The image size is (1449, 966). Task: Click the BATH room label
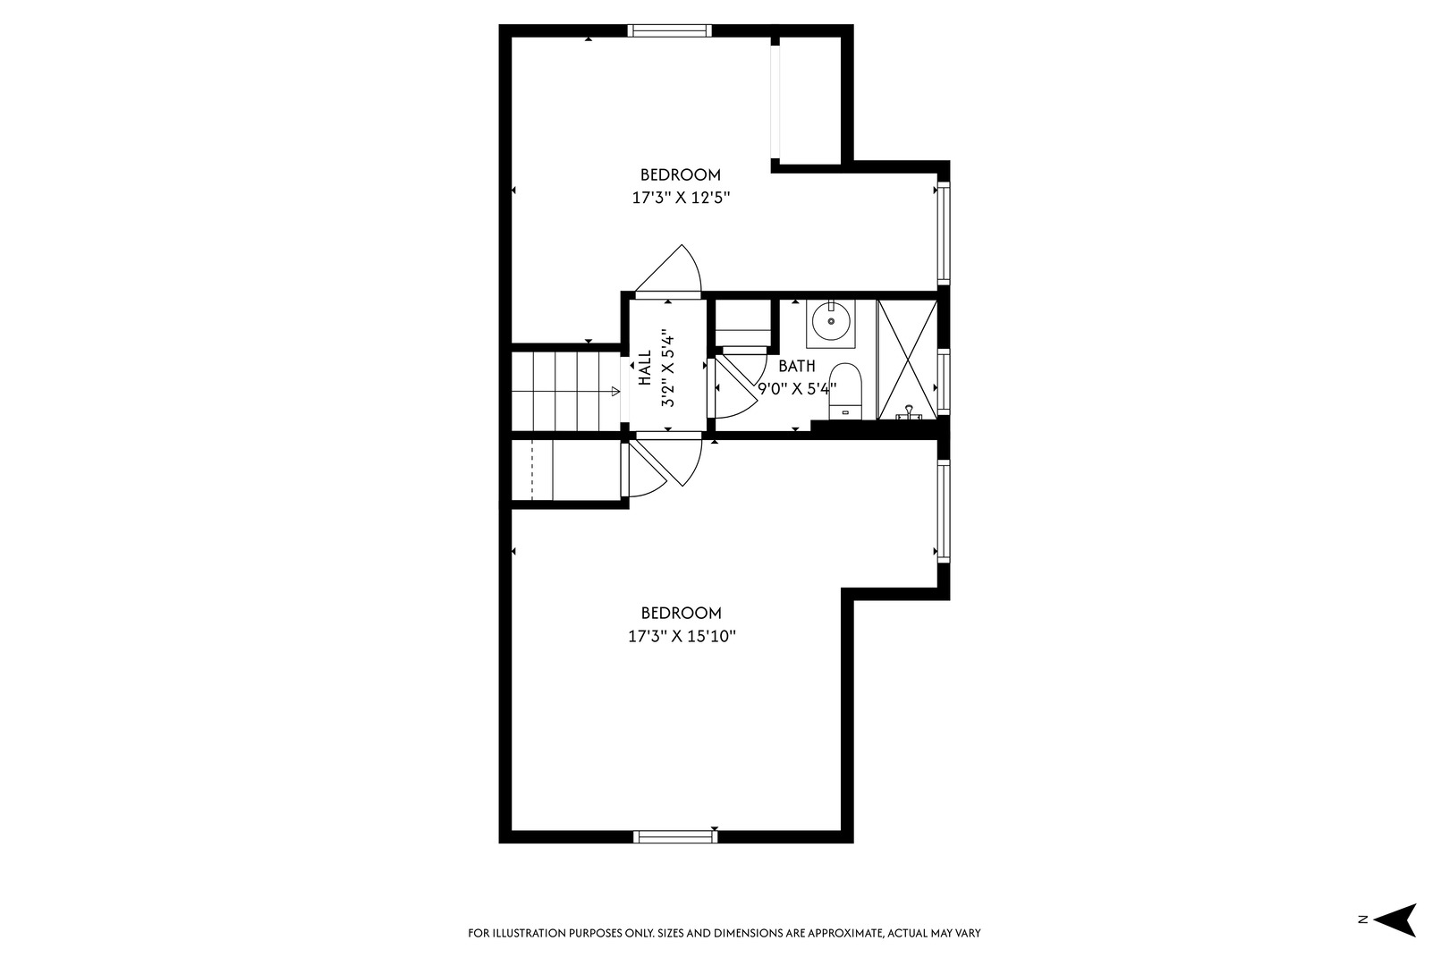797,366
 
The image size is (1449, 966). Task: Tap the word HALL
645,369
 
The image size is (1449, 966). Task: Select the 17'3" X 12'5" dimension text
681,198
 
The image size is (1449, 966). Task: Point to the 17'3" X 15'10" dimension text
682,637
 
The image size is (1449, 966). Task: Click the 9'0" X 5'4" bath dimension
797,389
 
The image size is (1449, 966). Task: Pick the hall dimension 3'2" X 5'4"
668,369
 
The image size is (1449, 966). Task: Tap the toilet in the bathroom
845,392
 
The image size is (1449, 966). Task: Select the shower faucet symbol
910,413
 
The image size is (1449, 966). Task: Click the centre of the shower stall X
907,360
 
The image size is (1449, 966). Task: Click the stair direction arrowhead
615,392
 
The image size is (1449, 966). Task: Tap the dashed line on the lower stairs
531,470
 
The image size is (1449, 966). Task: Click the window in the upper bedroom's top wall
670,30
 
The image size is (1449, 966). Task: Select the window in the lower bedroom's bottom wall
675,837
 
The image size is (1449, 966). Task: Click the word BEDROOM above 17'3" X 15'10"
682,613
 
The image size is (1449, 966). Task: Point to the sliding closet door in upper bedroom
775,102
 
